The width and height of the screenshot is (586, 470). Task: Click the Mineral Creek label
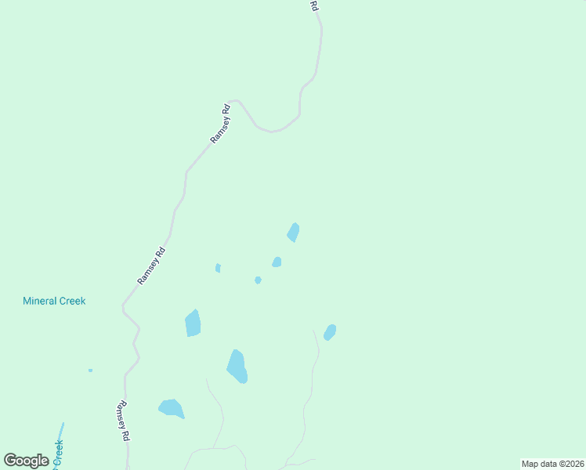click(x=54, y=301)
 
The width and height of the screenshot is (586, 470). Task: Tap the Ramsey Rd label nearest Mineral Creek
click(x=151, y=266)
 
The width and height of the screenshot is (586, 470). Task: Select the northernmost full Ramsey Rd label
click(x=221, y=123)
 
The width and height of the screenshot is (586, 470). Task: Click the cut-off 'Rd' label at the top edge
click(x=314, y=5)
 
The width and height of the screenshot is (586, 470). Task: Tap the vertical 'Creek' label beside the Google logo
click(x=58, y=454)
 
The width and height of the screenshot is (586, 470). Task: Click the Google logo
click(x=26, y=461)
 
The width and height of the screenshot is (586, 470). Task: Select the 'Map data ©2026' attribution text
click(x=552, y=464)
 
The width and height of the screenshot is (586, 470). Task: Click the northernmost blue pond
click(x=294, y=232)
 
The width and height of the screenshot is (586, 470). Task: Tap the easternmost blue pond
click(x=330, y=332)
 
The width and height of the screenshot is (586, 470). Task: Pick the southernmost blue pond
click(x=171, y=408)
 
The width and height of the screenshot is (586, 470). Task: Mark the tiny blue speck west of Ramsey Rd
click(x=90, y=371)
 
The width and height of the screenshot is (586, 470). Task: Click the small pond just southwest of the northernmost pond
click(x=277, y=262)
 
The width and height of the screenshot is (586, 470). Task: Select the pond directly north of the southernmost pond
click(x=193, y=323)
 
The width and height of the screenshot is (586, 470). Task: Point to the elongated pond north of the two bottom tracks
click(x=237, y=366)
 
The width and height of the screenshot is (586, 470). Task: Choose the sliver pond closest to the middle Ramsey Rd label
click(x=218, y=268)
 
